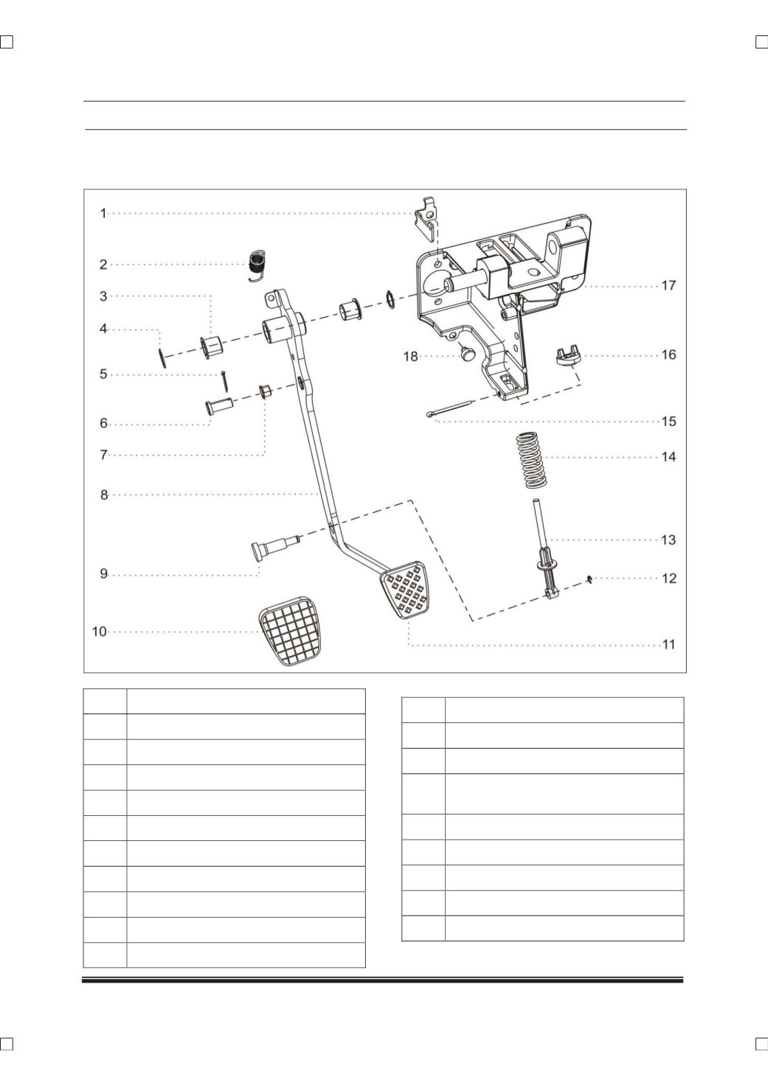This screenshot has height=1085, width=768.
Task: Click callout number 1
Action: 103,213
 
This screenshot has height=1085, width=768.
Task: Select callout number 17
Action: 668,286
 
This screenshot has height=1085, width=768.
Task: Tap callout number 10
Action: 100,632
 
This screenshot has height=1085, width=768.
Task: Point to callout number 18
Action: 411,357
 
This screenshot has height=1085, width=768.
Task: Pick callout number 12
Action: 669,579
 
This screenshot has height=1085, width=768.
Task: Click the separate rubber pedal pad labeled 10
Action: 289,631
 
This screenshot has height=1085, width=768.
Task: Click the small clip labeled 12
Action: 589,579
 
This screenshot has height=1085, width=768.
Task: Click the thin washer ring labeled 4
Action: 163,357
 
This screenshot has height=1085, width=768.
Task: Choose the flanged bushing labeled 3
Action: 211,346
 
